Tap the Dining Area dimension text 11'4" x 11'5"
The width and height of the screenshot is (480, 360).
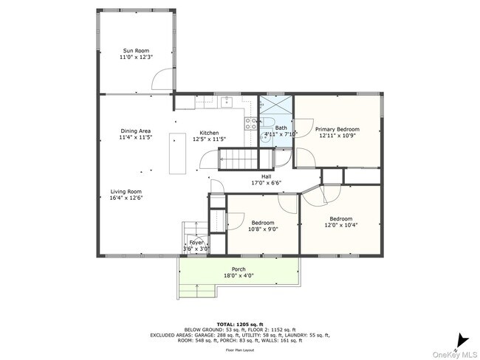click(135, 138)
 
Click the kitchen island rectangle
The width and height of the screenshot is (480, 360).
click(177, 153)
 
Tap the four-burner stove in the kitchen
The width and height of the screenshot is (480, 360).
click(252, 123)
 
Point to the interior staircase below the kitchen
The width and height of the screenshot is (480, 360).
click(237, 158)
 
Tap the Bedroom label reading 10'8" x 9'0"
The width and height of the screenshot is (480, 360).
click(262, 223)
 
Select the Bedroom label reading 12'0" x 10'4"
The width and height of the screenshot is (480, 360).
click(340, 218)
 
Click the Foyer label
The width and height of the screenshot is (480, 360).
click(196, 243)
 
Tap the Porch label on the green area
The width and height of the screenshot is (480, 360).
click(239, 269)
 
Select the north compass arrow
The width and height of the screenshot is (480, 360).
click(462, 339)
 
